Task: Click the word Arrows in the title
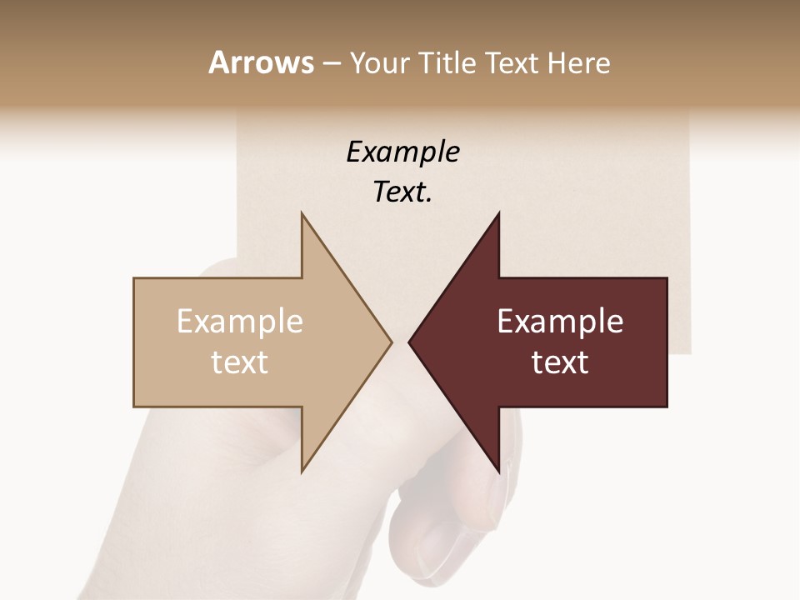click(262, 63)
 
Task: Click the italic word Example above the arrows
click(402, 152)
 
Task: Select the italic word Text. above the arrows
click(402, 192)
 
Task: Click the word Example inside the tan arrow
click(240, 322)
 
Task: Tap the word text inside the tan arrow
click(240, 362)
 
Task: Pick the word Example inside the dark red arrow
click(560, 322)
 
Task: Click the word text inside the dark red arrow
click(560, 362)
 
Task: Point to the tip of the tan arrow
click(391, 342)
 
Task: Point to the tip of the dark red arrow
click(409, 342)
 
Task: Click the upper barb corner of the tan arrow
click(302, 213)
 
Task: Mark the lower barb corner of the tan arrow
click(302, 472)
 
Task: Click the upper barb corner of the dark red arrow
click(498, 213)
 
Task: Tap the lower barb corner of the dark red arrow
click(498, 472)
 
